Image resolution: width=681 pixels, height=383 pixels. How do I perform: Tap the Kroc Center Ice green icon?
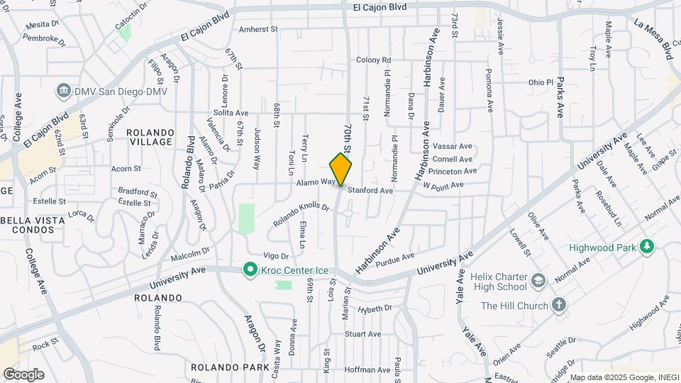(249, 270)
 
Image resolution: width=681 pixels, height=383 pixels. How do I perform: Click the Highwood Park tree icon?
(646, 247)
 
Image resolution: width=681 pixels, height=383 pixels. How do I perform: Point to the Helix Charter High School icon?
(538, 280)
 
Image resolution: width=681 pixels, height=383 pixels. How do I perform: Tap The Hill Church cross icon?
(559, 306)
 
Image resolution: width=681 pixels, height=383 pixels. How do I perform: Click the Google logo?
(23, 374)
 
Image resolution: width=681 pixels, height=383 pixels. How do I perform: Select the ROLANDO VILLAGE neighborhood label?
(150, 138)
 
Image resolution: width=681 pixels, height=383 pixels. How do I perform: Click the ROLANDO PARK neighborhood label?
(229, 367)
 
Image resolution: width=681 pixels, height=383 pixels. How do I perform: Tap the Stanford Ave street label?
(370, 191)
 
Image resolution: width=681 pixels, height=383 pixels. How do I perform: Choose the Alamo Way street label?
(315, 182)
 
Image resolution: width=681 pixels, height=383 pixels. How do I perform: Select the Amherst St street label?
(259, 30)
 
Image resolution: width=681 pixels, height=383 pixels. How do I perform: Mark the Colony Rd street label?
(374, 60)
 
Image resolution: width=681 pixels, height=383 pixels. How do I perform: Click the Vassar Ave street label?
(452, 146)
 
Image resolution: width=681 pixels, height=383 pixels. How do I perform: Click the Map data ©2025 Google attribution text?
(624, 377)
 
